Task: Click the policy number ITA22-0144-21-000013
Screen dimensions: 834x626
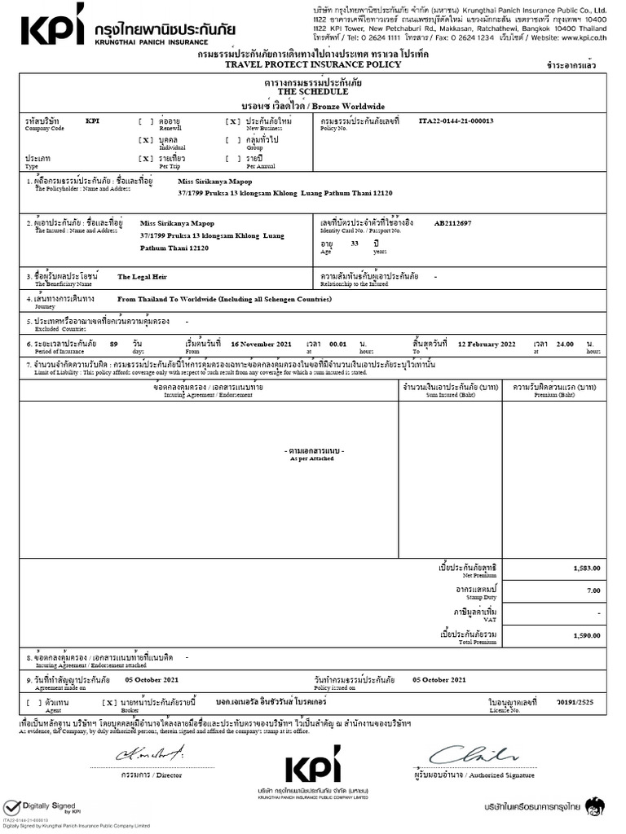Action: tap(456, 121)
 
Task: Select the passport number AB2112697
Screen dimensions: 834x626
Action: tap(452, 222)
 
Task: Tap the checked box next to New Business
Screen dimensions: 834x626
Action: tap(233, 121)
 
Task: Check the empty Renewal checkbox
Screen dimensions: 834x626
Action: tap(145, 121)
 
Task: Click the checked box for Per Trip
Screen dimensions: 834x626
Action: tap(146, 158)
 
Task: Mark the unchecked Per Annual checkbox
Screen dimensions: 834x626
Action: tap(233, 158)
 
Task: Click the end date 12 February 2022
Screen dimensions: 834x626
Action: tap(487, 344)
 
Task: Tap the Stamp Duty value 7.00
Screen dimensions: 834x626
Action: tap(593, 590)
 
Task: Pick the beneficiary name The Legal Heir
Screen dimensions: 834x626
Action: tap(141, 277)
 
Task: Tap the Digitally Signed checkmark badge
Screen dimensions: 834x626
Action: tap(11, 807)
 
